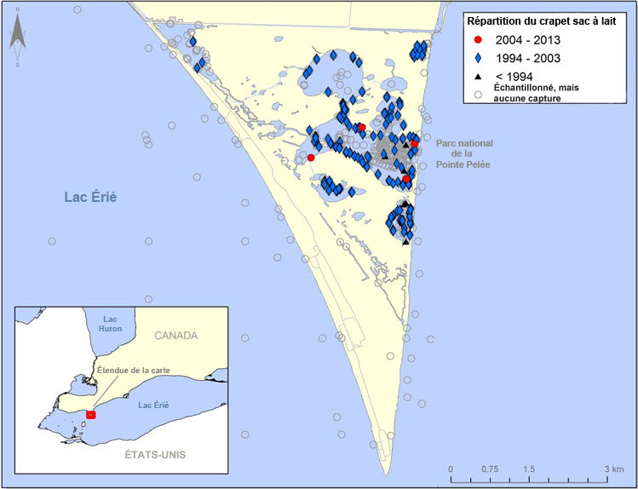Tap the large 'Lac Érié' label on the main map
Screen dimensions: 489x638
[90, 197]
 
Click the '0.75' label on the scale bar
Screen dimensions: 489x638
[489, 469]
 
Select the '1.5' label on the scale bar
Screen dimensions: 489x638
[529, 469]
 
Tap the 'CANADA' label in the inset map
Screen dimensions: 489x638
[175, 335]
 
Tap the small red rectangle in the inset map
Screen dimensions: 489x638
[91, 414]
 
